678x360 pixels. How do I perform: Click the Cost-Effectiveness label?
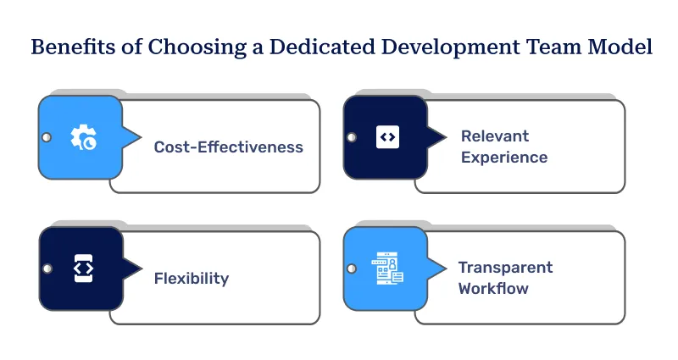click(x=228, y=147)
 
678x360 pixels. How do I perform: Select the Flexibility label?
click(x=191, y=278)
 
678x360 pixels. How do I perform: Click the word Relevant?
click(x=494, y=136)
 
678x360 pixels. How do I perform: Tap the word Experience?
click(x=503, y=157)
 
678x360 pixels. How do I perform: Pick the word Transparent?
click(x=505, y=267)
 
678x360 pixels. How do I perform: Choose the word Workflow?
click(x=493, y=288)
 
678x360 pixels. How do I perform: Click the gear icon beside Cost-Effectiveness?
click(x=82, y=137)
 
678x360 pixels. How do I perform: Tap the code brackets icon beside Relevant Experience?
click(x=387, y=136)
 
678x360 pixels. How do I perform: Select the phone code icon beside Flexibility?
click(x=82, y=268)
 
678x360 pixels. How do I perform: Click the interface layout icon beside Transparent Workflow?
click(x=387, y=269)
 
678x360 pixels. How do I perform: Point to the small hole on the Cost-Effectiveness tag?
click(x=47, y=137)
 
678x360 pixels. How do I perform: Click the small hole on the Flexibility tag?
click(x=47, y=269)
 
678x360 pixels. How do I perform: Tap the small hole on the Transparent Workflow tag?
click(x=352, y=269)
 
